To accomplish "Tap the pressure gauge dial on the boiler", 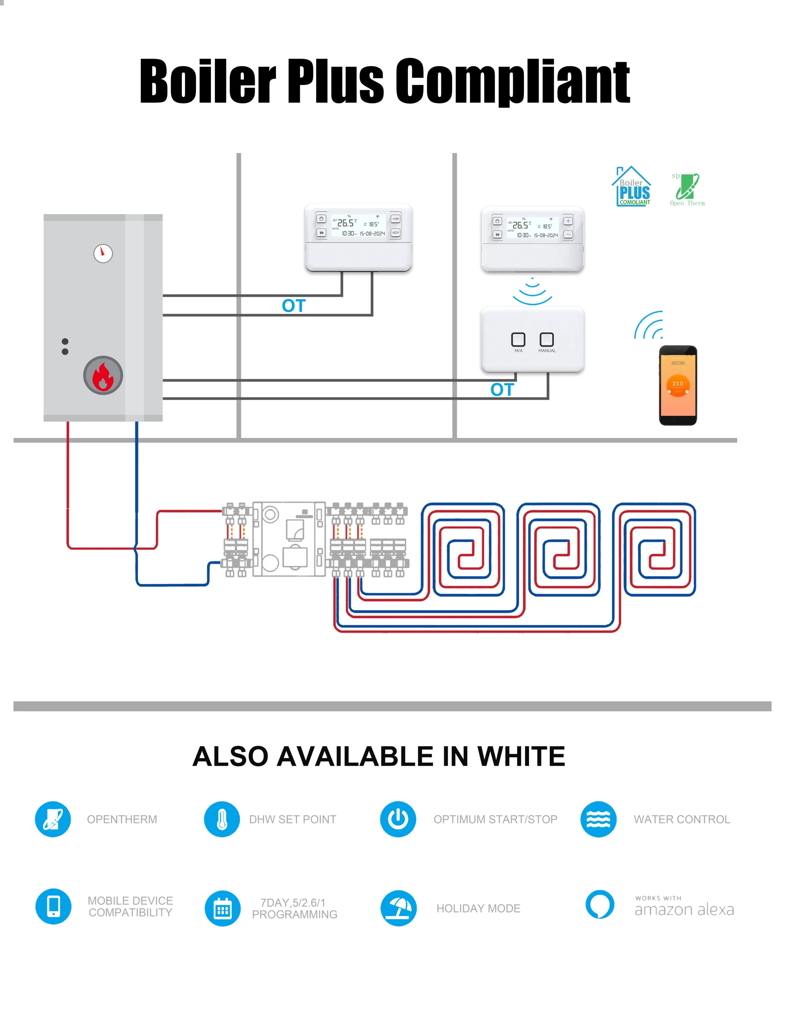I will (x=103, y=253).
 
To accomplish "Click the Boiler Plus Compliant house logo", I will (x=632, y=187).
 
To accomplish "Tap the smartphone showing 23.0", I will (x=677, y=385).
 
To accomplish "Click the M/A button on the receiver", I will (x=518, y=339).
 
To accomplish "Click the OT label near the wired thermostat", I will (x=293, y=306).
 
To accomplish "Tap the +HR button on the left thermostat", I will (x=395, y=219).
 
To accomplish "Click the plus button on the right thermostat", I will (x=568, y=221).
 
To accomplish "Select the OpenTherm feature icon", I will (x=53, y=819).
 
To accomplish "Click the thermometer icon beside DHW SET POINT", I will (x=222, y=819).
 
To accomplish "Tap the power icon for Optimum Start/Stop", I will (x=398, y=819).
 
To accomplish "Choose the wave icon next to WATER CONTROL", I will (x=598, y=819).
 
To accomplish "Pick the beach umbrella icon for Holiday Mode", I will (x=398, y=908).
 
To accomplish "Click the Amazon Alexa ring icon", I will (x=600, y=904).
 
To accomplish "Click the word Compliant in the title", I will (x=513, y=81).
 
